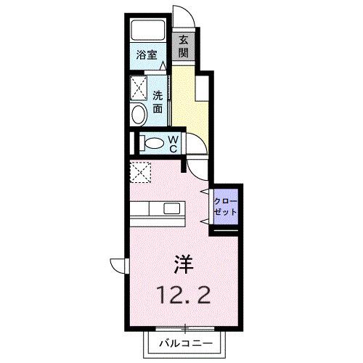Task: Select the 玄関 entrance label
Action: click(184, 46)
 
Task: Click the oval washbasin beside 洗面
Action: click(139, 115)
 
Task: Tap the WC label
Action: click(174, 144)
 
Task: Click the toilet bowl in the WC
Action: click(153, 143)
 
